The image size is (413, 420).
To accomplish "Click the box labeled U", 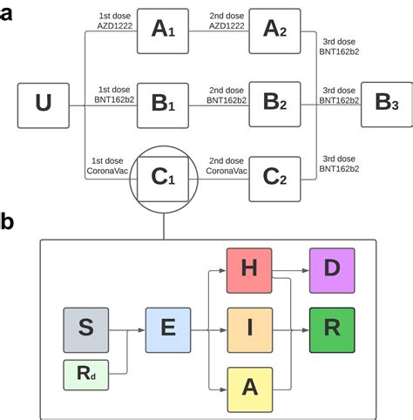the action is pos(44,105).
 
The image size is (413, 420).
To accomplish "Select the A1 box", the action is pos(163,31).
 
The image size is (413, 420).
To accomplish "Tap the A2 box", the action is pos(274,31).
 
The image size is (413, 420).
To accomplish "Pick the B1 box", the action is pos(163,105).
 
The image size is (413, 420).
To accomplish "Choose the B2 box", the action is pos(274,105).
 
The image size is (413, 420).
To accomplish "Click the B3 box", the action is pos(387,105).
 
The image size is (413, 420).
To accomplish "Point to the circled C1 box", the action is pos(163,180).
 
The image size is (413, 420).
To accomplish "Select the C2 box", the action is pos(274,180).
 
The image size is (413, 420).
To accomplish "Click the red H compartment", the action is pos(249,271).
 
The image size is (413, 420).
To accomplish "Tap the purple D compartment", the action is pos(332,271).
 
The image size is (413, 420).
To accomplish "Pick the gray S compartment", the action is pos(86,330).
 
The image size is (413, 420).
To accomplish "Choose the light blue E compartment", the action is pos(168,330).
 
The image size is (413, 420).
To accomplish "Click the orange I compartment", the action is pos(250,330).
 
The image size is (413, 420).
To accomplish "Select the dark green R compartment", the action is pos(332,330).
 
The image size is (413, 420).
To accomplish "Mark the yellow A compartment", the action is pos(250,390).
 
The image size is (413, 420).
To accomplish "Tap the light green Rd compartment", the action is pos(86,375).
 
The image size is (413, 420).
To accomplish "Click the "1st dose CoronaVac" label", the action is pos(107,166).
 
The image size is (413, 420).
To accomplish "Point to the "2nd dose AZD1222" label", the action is pos(227,21).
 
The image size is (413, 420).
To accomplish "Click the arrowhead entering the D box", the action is pos(306,270).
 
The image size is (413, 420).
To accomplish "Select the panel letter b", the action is pos(6,221).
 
